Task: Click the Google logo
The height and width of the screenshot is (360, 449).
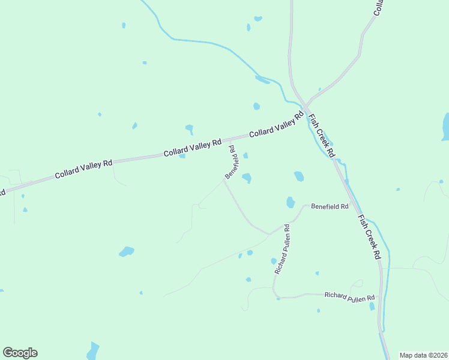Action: click(x=20, y=353)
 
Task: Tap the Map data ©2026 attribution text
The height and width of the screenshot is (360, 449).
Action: click(x=423, y=355)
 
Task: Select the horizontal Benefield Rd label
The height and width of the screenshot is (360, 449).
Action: click(x=329, y=206)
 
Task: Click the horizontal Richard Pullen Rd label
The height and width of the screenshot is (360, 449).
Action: click(x=349, y=296)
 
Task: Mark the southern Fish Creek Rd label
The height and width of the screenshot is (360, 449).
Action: click(x=369, y=236)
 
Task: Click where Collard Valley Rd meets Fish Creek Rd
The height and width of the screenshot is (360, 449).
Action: click(x=306, y=108)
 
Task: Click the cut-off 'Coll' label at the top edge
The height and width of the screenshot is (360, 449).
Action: click(x=379, y=7)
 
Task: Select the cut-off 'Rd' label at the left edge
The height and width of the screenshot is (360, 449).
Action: click(x=2, y=193)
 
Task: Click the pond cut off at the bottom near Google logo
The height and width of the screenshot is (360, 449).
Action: click(x=92, y=352)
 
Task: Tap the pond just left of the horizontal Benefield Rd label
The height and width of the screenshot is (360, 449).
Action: click(x=291, y=202)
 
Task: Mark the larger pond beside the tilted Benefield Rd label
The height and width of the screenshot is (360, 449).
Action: click(x=247, y=178)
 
